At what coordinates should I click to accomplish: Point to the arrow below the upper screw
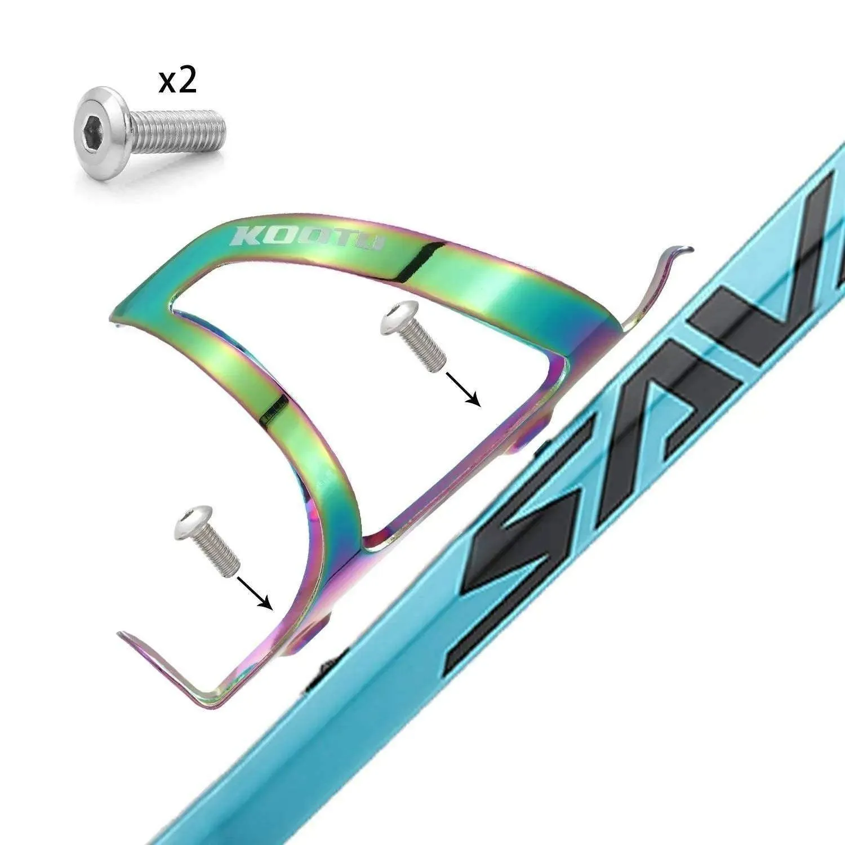pyautogui.click(x=462, y=389)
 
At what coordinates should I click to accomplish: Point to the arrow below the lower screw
pyautogui.click(x=256, y=591)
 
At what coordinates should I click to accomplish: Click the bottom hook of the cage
pyautogui.click(x=169, y=670)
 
